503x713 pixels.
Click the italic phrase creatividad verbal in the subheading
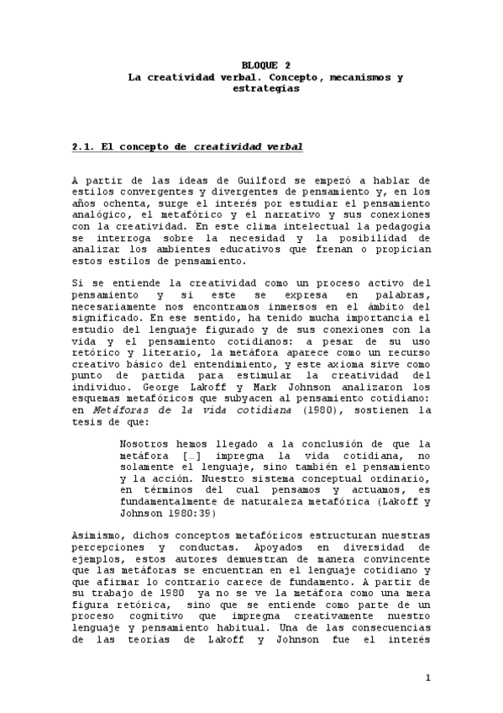pyautogui.click(x=249, y=146)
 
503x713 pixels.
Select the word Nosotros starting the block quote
pyautogui.click(x=147, y=444)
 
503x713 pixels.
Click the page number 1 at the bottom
pyautogui.click(x=427, y=678)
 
